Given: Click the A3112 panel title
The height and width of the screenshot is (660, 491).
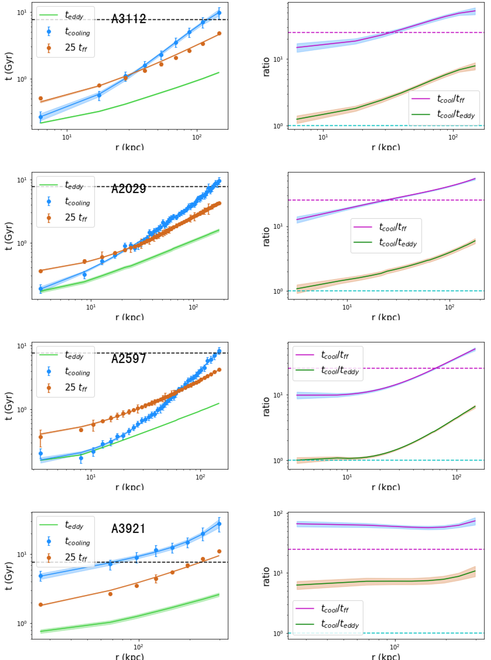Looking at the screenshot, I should point(128,19).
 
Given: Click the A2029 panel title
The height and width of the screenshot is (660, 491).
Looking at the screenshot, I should point(128,189).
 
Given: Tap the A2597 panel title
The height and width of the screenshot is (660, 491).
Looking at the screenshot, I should point(128,358).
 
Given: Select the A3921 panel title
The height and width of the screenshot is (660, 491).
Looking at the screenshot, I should point(128,528).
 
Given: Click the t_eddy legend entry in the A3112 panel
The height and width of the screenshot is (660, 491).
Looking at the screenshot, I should point(74,16).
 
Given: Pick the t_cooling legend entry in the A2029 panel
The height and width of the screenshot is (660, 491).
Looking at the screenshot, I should point(77,201).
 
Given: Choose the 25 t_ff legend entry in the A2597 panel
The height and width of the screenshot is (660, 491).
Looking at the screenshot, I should point(76,387).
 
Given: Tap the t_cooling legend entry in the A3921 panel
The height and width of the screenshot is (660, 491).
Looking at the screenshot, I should point(77,541).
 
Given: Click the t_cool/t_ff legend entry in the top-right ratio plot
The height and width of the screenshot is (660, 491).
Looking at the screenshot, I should point(450,99).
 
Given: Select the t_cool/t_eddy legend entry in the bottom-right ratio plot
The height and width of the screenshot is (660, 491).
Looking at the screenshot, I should point(340,624).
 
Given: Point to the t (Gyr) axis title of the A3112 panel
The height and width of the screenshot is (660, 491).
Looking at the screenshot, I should point(9,66).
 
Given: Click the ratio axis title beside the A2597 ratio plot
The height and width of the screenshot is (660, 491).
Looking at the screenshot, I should point(266,406).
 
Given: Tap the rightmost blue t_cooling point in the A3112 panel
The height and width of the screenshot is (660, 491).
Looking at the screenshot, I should point(219,13).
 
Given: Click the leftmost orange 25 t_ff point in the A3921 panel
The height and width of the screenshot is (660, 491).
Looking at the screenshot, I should point(41,604).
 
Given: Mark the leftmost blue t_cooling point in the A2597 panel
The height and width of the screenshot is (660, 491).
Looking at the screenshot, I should point(41,453).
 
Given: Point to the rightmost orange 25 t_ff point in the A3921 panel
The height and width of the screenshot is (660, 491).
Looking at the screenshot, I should point(219,551).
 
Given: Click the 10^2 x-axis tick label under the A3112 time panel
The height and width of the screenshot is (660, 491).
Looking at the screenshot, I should point(197,137).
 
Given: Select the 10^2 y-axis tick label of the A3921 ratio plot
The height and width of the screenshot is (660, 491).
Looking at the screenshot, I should point(278,514).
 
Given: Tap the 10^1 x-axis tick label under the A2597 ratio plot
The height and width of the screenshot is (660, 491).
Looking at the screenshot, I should point(347,477).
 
